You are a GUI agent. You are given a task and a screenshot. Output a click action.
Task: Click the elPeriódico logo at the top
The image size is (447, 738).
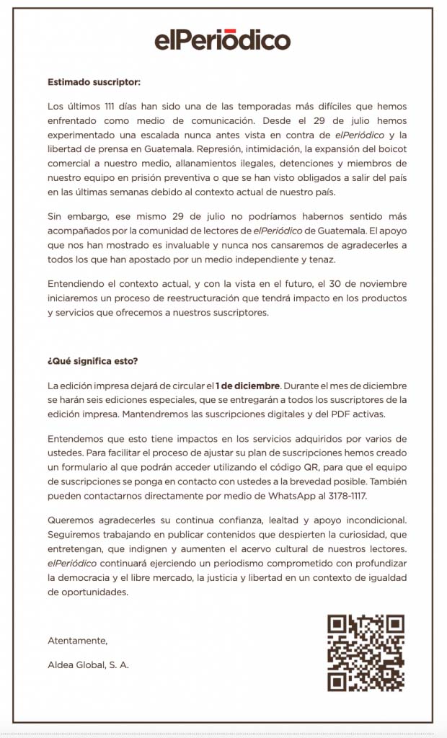tap(223, 40)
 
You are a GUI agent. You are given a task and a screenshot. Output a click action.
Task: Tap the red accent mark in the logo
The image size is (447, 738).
tap(231, 30)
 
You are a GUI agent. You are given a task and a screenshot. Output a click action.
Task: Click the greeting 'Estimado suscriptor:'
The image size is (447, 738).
tap(93, 82)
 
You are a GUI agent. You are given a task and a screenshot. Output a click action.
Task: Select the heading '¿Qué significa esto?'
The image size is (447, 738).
tap(92, 361)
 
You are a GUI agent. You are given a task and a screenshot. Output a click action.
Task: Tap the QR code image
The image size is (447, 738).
tap(366, 652)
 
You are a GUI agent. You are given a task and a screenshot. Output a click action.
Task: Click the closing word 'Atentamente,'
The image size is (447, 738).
tap(77, 640)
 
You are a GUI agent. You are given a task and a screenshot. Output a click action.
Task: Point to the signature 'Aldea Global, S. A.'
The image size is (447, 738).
tap(88, 664)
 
